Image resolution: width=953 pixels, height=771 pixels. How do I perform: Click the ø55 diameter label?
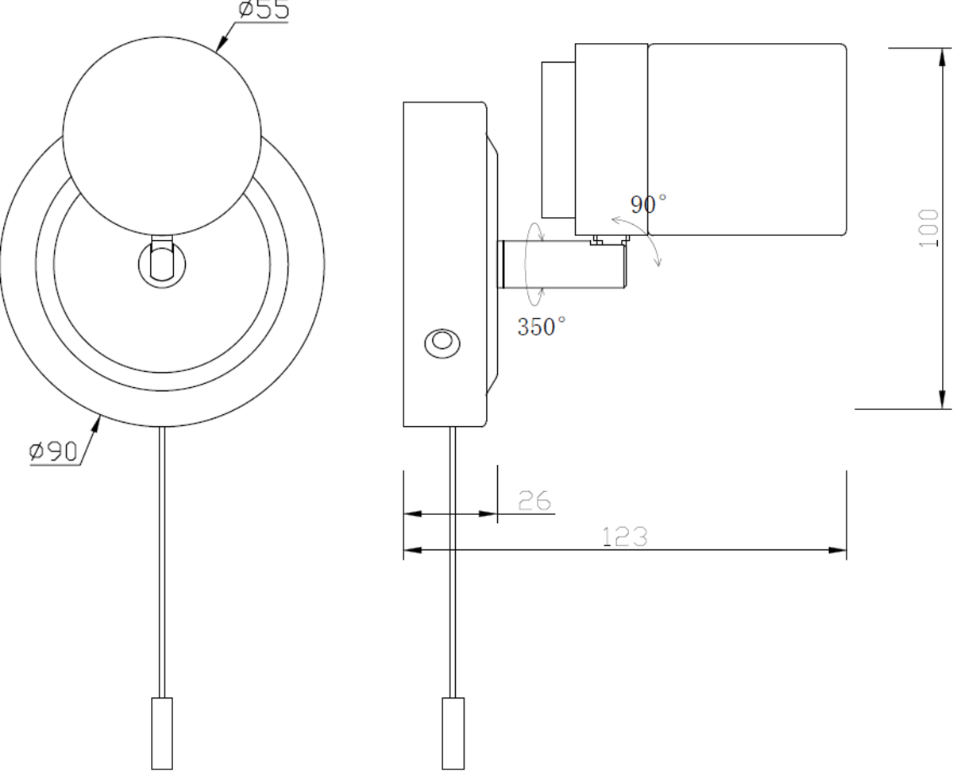(264, 10)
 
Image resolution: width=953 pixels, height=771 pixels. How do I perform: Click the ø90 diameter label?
(53, 451)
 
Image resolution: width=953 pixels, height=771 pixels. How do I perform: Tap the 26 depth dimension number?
(534, 501)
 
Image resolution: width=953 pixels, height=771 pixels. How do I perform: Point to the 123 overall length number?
(625, 537)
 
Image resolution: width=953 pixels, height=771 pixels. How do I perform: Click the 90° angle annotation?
(648, 204)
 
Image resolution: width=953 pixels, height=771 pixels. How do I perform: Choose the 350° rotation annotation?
(542, 327)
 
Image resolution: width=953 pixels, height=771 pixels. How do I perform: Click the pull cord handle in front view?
(161, 732)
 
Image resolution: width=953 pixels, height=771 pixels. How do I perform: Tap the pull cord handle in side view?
(453, 732)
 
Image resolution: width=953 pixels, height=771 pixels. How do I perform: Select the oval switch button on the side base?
(441, 343)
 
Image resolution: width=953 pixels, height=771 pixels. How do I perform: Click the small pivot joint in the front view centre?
(161, 260)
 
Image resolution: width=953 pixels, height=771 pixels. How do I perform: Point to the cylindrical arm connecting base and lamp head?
(560, 263)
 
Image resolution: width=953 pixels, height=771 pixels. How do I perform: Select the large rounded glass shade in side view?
(747, 139)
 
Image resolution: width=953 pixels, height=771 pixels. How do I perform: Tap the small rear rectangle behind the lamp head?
(558, 139)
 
